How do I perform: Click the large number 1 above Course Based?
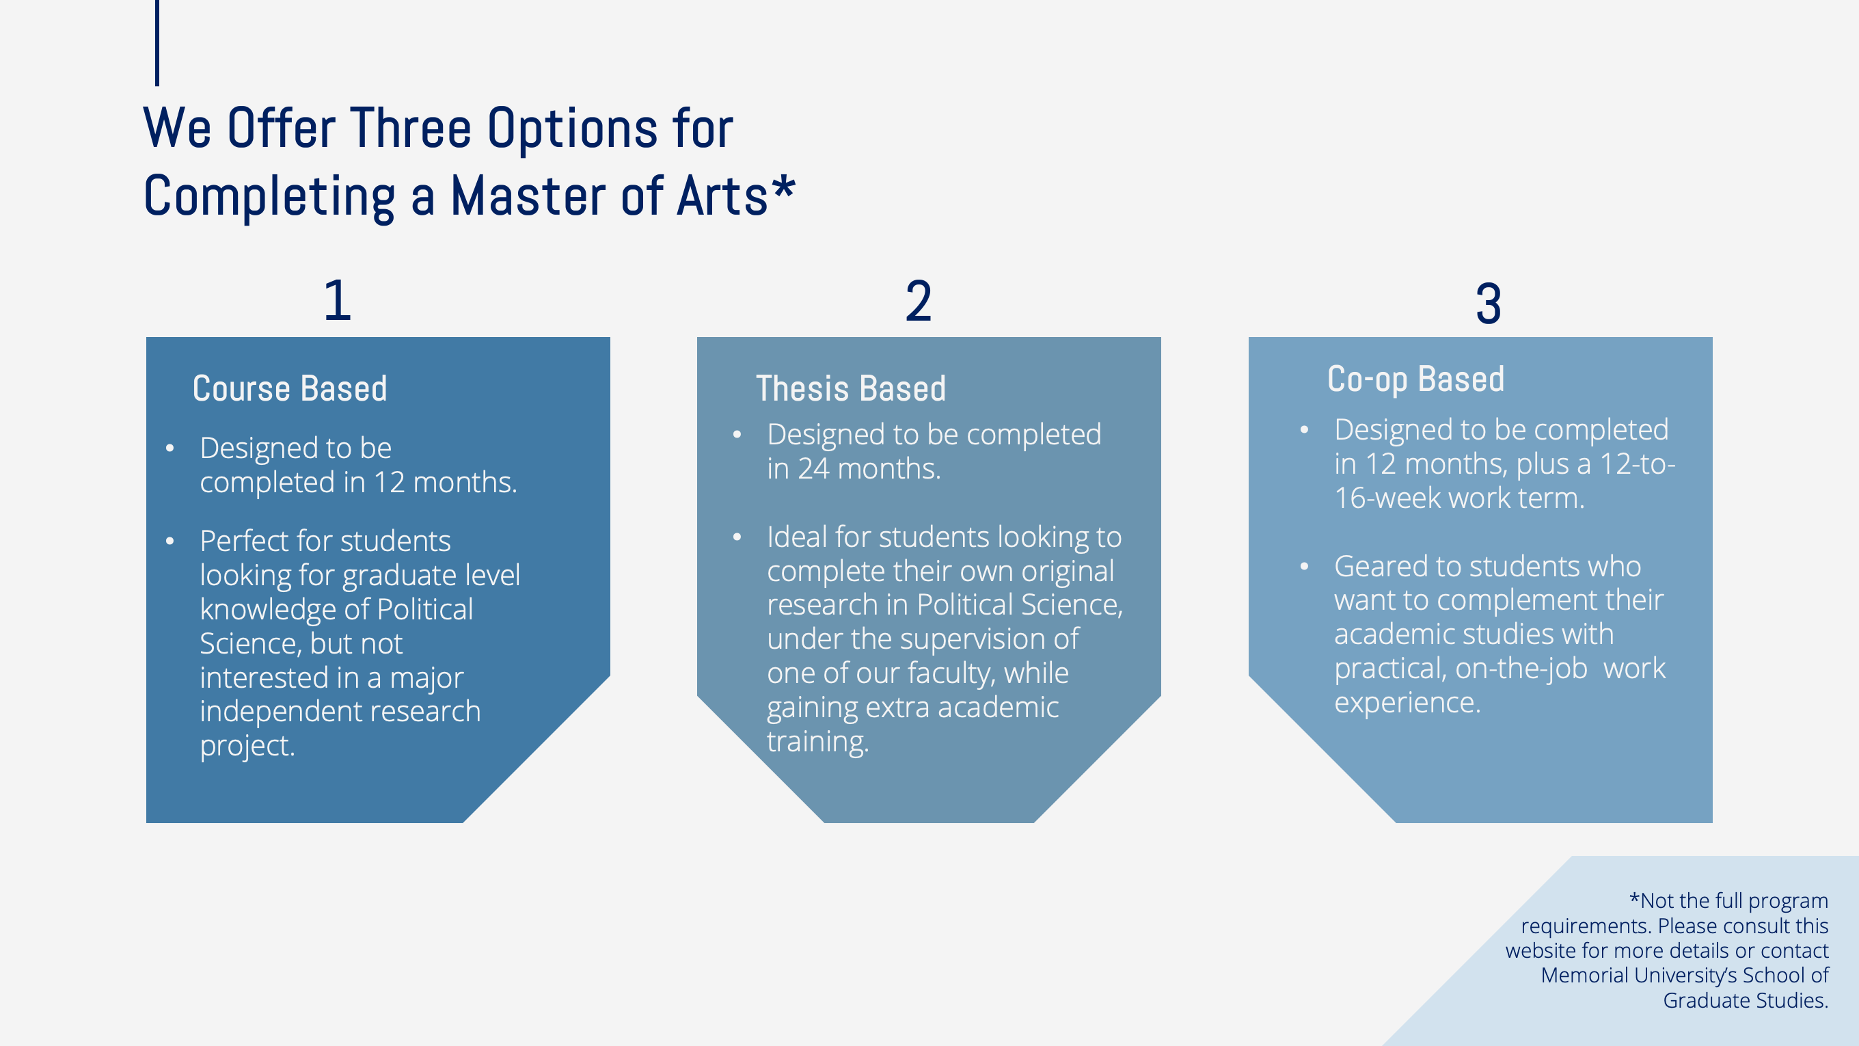click(x=338, y=300)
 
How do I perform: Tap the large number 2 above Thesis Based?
click(x=919, y=301)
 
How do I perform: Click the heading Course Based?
click(x=290, y=388)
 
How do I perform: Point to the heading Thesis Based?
click(x=851, y=388)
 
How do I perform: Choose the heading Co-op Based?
click(x=1416, y=379)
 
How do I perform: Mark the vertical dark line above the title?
click(x=157, y=42)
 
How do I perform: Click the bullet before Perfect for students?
click(x=170, y=541)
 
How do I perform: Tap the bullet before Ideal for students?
click(x=737, y=537)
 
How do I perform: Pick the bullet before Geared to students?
click(x=1305, y=567)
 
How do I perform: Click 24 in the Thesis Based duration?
click(x=814, y=469)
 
